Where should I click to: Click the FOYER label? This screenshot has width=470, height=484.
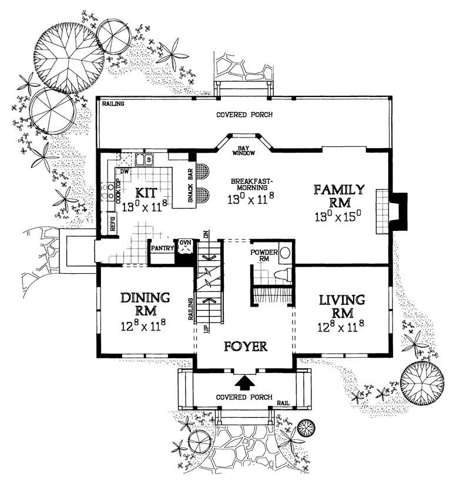click(x=246, y=346)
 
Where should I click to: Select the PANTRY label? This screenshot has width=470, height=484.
click(x=162, y=248)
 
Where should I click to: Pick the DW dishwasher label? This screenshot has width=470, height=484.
click(x=124, y=172)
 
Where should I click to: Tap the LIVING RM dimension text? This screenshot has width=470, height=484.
click(x=342, y=322)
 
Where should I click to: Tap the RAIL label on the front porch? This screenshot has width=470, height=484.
click(x=283, y=404)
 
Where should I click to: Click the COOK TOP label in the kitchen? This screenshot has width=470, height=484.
click(x=117, y=191)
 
